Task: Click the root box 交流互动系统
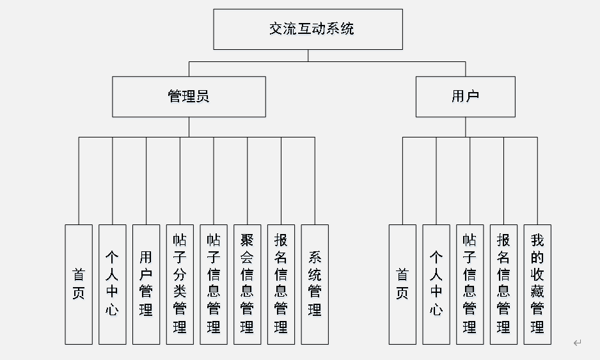click(308, 29)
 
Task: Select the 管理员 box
click(189, 97)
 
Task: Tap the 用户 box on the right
click(465, 97)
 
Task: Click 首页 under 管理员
click(79, 285)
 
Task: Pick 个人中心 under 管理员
click(113, 285)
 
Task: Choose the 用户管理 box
click(146, 285)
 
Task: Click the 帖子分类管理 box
click(180, 285)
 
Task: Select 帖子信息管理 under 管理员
click(214, 285)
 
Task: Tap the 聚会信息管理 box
click(247, 285)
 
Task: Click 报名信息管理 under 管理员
click(281, 285)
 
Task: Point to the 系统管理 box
click(315, 285)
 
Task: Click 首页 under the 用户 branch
click(402, 285)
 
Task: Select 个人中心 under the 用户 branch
click(436, 285)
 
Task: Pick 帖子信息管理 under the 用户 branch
click(470, 285)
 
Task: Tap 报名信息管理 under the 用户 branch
click(503, 285)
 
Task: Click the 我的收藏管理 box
click(537, 285)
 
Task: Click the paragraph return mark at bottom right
click(577, 343)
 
